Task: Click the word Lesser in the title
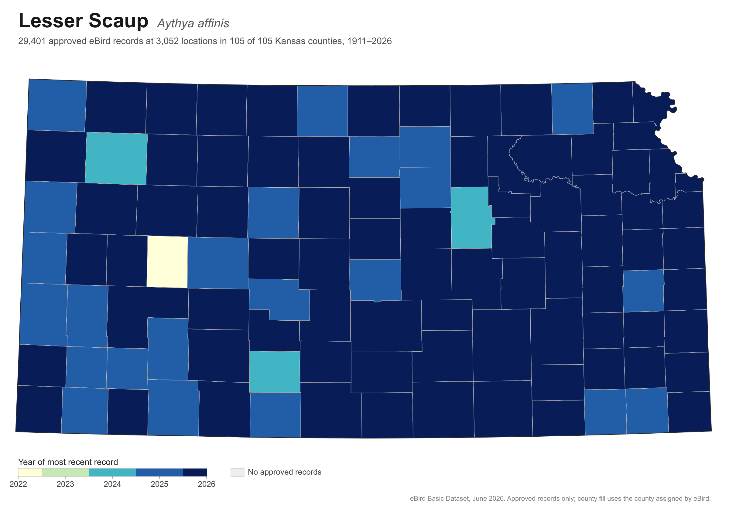pos(50,21)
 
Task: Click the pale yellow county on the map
pos(167,262)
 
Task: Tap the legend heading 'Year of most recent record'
pos(68,462)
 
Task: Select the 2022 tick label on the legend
pos(19,484)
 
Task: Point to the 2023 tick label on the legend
pos(65,484)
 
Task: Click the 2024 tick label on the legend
pos(112,484)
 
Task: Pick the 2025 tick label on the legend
pos(159,484)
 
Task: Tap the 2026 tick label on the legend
pos(207,484)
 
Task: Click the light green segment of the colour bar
pos(65,472)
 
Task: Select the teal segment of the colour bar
pos(112,472)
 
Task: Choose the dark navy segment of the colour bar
pos(195,472)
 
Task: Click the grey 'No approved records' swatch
pos(238,472)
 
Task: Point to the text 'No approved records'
pos(285,472)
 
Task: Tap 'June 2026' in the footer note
pos(488,499)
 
